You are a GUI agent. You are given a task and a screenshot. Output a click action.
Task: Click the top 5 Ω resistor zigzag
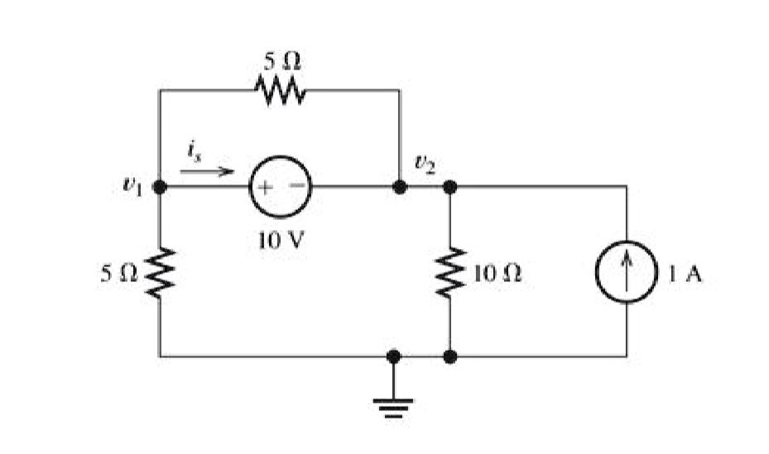pos(280,90)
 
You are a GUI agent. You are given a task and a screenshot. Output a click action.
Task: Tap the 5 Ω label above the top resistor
pos(282,62)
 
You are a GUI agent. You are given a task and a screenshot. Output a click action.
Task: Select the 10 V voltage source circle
pos(281,158)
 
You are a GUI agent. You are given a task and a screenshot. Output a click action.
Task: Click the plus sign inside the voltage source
pos(264,187)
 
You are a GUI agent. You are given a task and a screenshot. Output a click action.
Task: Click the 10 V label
pos(281,240)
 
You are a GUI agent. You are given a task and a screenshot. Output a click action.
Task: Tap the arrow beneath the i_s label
pos(206,171)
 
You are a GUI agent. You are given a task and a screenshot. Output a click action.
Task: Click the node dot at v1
pos(160,187)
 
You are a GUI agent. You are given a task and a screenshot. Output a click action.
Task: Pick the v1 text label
pos(132,184)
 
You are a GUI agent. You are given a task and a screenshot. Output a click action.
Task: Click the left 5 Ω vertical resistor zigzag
pos(160,273)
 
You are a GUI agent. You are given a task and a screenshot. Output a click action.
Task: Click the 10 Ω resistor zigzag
pos(450,272)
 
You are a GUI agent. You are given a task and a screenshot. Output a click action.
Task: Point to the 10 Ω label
pos(497,273)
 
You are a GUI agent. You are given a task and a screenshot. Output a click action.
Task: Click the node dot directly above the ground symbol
pos(393,356)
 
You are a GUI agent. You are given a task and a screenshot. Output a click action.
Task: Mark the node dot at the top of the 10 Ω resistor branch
pos(449,187)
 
